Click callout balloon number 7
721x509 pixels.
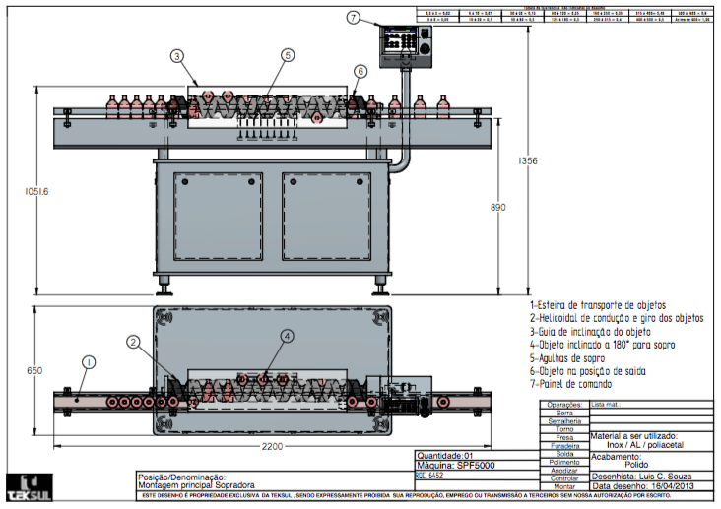(x=355, y=18)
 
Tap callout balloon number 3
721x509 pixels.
(x=176, y=57)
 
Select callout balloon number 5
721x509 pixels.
(x=288, y=56)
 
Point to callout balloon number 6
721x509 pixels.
(x=360, y=71)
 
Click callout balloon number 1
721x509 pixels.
(x=87, y=362)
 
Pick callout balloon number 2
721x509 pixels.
(x=132, y=343)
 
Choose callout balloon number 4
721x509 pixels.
(x=287, y=336)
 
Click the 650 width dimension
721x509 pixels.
(x=34, y=371)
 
